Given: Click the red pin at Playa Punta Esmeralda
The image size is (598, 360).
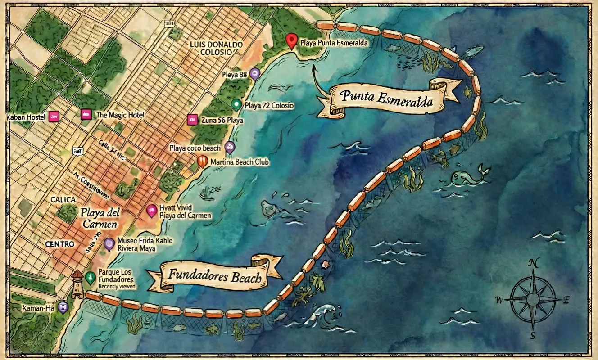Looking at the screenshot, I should coord(292,41).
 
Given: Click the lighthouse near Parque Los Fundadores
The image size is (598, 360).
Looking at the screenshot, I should coord(77,284).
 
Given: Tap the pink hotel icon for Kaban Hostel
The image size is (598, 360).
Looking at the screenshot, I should coord(54,117).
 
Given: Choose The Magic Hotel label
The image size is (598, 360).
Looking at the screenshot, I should coord(120,115).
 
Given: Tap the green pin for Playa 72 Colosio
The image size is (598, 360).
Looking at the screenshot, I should coord(236,104).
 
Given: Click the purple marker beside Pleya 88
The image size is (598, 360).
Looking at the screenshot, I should coord(255,74).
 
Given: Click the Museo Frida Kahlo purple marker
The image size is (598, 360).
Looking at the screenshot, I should coord(109,244).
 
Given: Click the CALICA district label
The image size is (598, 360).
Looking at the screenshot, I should coord(63,199).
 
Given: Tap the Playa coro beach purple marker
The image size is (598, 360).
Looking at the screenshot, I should coord(230,147).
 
